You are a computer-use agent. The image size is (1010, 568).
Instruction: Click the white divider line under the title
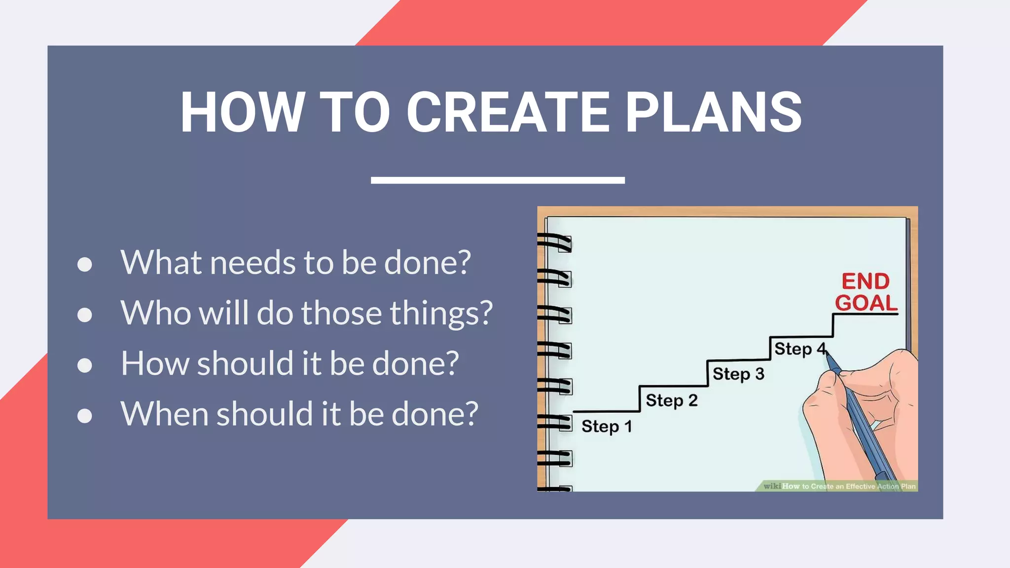(498, 180)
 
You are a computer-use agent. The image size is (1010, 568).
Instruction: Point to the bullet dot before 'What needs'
(85, 264)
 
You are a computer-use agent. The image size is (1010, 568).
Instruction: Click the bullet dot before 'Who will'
(85, 315)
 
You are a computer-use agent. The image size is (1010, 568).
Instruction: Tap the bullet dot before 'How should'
(85, 365)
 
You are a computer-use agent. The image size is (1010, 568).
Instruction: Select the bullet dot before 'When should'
(85, 416)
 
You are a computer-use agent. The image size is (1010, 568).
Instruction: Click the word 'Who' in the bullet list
(155, 313)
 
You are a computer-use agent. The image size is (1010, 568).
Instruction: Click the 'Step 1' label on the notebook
(607, 426)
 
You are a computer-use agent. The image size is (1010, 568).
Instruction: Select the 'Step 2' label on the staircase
(672, 400)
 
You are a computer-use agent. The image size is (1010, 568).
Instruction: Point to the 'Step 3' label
(738, 374)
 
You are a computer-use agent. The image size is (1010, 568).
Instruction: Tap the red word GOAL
(866, 303)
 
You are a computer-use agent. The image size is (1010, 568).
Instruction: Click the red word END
(866, 282)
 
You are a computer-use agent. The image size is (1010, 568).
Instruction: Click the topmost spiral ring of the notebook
(555, 242)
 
